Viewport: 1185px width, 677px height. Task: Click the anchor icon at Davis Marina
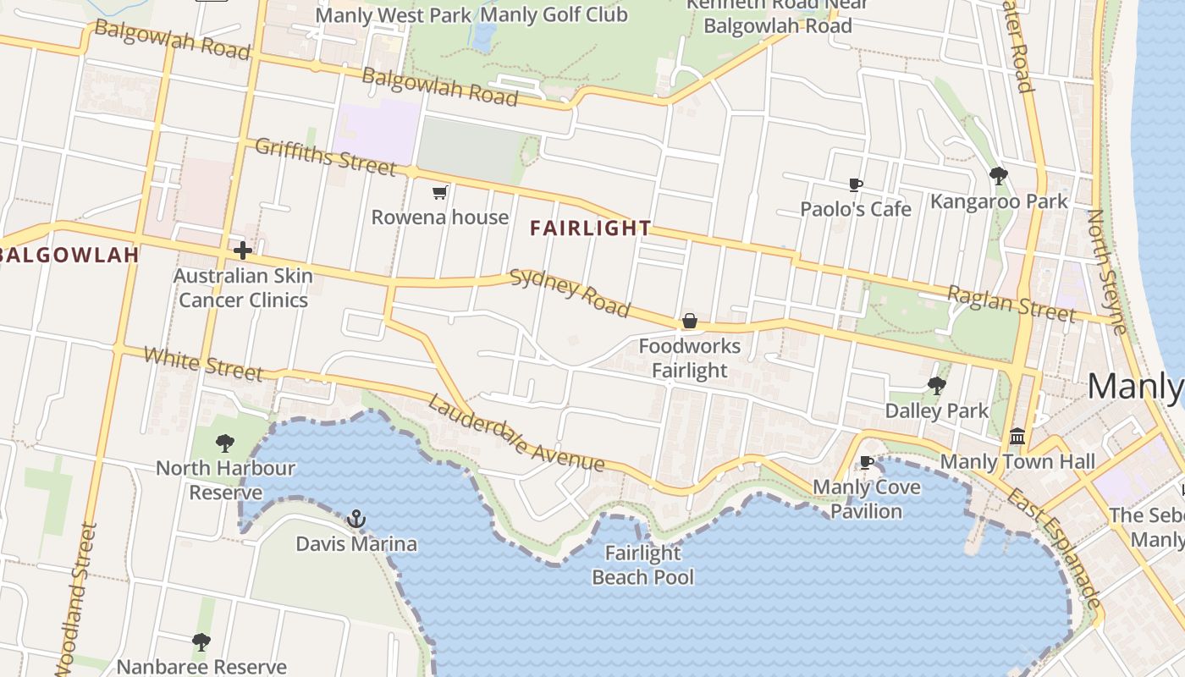[356, 518]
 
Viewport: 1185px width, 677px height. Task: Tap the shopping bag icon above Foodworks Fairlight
[690, 322]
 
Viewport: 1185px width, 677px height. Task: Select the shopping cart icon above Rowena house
[439, 193]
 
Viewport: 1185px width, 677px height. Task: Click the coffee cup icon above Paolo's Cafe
[856, 184]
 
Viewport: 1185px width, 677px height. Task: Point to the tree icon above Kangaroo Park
[999, 176]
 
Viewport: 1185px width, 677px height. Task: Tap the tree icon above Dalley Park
[936, 386]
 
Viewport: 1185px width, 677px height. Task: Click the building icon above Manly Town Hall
[1017, 437]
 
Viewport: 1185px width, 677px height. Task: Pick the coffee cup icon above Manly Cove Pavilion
[866, 462]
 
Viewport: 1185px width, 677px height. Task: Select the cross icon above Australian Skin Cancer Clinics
[243, 250]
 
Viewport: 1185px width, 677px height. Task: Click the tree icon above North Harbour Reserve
[224, 443]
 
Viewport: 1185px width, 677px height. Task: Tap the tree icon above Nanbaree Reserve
[201, 642]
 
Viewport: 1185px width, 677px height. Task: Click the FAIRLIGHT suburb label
[591, 228]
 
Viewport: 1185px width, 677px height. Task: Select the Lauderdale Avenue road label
[515, 433]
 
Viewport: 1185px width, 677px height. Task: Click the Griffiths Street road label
[325, 157]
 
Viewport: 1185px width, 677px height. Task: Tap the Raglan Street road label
[1011, 304]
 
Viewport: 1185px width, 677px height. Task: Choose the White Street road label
[203, 363]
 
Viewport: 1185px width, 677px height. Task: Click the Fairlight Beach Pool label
[642, 565]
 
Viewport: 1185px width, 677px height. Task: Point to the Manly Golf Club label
[554, 14]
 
